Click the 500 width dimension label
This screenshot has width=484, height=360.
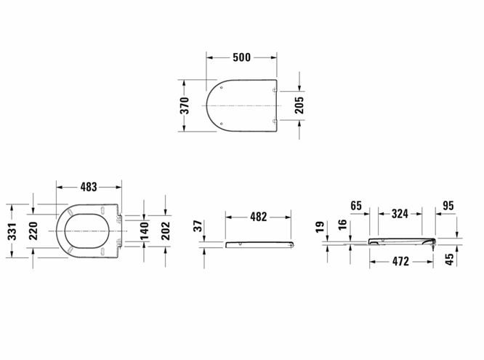(x=242, y=57)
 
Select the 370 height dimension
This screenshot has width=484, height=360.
(x=185, y=105)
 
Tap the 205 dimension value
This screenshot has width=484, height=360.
(x=299, y=105)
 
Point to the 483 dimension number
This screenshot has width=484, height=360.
(x=89, y=187)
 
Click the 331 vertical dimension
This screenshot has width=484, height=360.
(x=12, y=231)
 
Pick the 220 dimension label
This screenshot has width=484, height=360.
(x=33, y=231)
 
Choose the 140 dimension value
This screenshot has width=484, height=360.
(x=144, y=231)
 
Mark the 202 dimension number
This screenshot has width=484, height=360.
(x=166, y=231)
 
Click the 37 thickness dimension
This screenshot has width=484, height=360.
(x=198, y=226)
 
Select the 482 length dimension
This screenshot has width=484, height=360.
(x=259, y=217)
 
